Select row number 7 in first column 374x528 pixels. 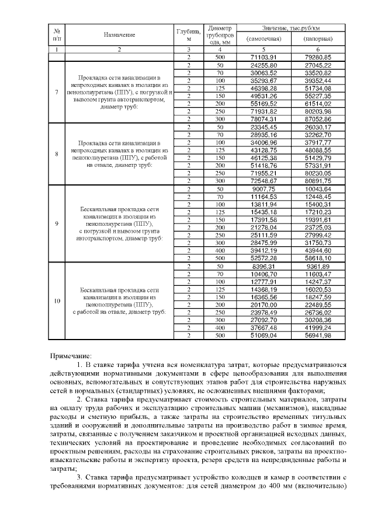tap(56, 92)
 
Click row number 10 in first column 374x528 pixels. tap(56, 300)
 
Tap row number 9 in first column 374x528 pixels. tap(56, 223)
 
